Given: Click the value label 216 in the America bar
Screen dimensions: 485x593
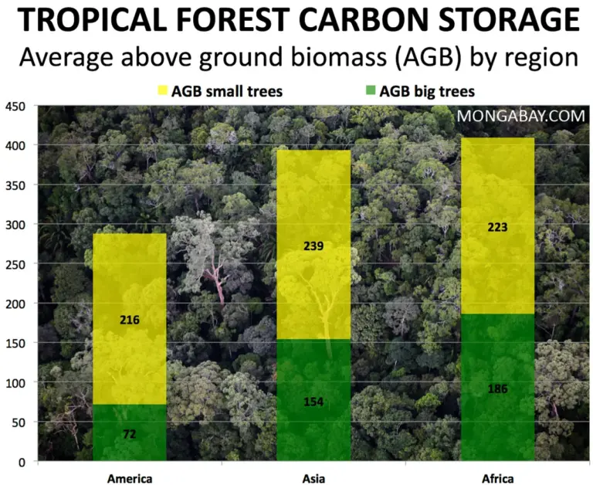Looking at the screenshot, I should pos(129,319).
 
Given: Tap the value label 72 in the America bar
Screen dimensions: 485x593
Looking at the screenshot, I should pos(129,435).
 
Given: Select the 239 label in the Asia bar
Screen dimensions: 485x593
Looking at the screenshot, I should pos(313,246).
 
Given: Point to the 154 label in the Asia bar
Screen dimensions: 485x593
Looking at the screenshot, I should pos(313,402).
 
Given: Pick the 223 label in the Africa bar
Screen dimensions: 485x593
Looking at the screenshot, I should pos(497,227).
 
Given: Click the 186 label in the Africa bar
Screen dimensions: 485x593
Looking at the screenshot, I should pos(497,388).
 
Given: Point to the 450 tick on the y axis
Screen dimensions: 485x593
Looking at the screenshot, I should pos(15,106).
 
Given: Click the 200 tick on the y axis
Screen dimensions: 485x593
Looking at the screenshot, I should pos(15,304).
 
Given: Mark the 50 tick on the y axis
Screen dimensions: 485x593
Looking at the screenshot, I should pos(19,422).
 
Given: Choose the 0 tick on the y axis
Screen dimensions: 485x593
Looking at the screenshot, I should pos(22,462).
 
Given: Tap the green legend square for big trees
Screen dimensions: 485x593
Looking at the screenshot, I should pos(369,92).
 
